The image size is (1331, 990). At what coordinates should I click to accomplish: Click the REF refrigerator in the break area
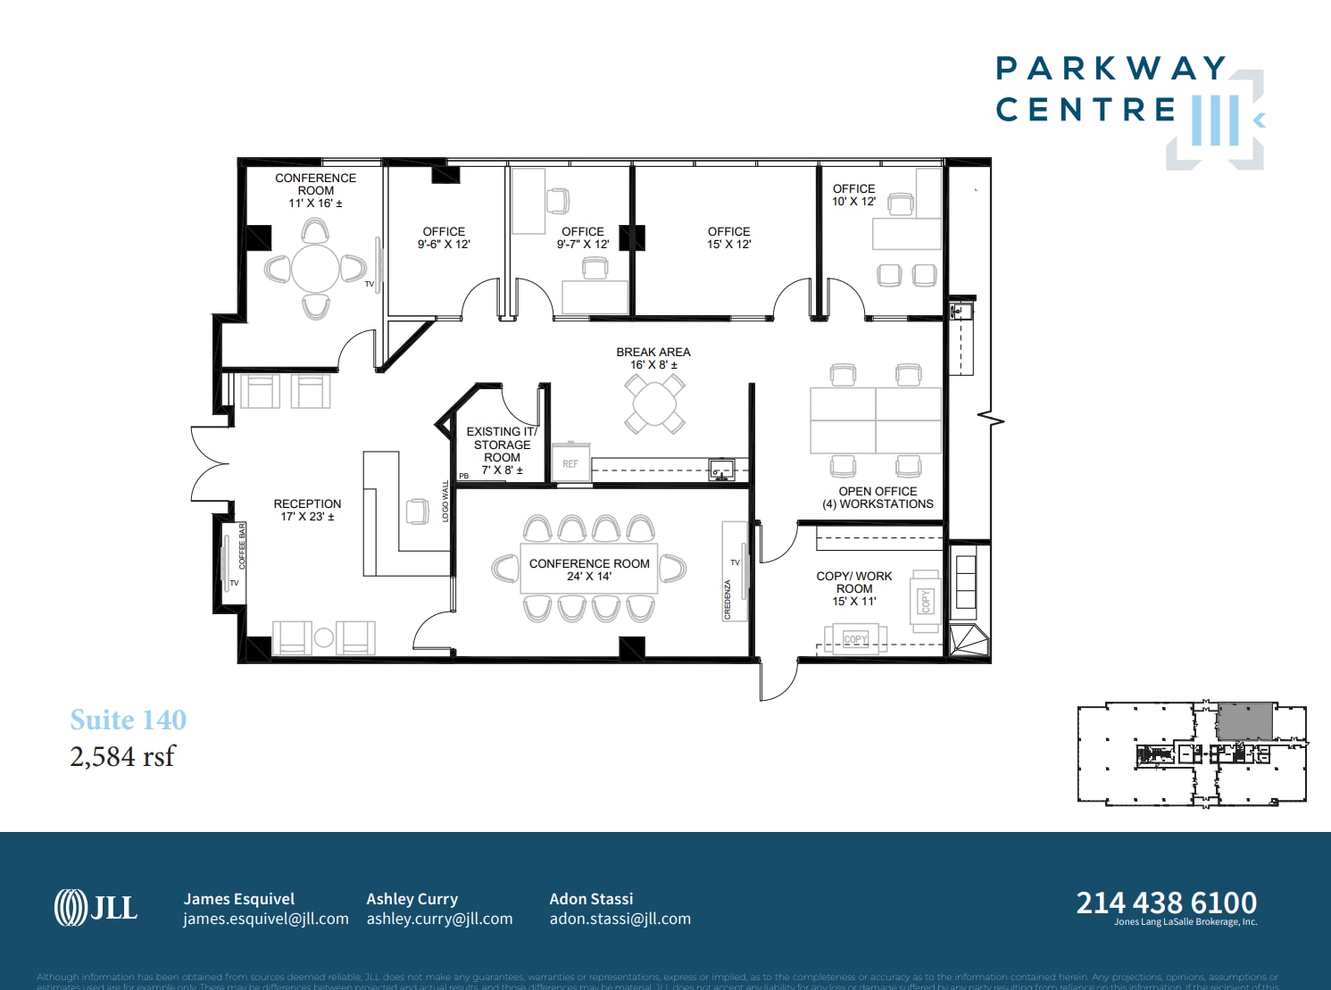[570, 464]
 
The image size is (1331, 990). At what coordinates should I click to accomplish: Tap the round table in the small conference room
[315, 268]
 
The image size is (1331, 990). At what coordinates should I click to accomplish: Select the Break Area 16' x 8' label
[653, 358]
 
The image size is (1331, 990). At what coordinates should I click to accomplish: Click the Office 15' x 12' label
[728, 237]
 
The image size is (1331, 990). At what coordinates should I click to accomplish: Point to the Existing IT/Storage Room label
[502, 451]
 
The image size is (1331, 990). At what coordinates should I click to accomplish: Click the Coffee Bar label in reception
[242, 546]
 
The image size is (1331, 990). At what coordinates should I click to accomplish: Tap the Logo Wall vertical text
[445, 502]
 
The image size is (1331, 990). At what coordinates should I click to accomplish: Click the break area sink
[720, 470]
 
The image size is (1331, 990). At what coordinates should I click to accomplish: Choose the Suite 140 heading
[129, 720]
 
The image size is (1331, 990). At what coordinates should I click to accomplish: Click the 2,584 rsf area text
[122, 756]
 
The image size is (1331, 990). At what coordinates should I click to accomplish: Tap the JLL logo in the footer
[96, 908]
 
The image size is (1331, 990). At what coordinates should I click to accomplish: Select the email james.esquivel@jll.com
[266, 919]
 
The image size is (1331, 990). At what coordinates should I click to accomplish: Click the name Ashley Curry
[412, 899]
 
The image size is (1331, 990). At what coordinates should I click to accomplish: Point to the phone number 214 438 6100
[1166, 903]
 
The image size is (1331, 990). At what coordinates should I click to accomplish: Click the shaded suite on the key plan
[1244, 721]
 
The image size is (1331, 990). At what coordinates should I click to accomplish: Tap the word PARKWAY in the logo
[1111, 69]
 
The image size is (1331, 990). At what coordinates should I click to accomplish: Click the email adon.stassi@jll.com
[620, 919]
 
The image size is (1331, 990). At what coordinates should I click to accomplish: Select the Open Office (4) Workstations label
[878, 498]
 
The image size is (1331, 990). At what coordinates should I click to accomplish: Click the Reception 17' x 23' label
[307, 510]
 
